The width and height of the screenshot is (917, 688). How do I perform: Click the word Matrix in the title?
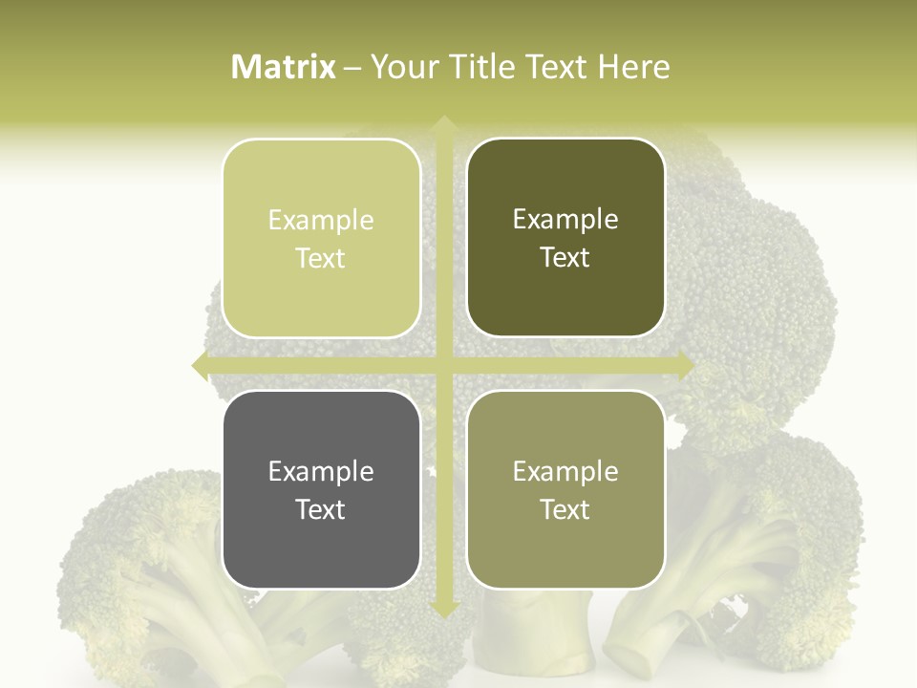tap(284, 67)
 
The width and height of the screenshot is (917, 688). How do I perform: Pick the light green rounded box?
tap(321, 238)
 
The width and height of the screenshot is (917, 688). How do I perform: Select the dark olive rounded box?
tap(565, 238)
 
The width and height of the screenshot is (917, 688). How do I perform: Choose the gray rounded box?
tap(321, 489)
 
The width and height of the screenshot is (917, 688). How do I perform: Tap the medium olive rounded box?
tap(565, 489)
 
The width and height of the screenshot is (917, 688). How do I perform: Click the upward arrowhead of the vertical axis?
tap(442, 124)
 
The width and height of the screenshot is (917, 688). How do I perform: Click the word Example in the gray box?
tap(321, 471)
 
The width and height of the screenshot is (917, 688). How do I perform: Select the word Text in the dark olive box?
tap(565, 257)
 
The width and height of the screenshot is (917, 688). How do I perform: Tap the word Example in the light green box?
tap(321, 220)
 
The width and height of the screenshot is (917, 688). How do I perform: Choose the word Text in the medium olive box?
tap(565, 509)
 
